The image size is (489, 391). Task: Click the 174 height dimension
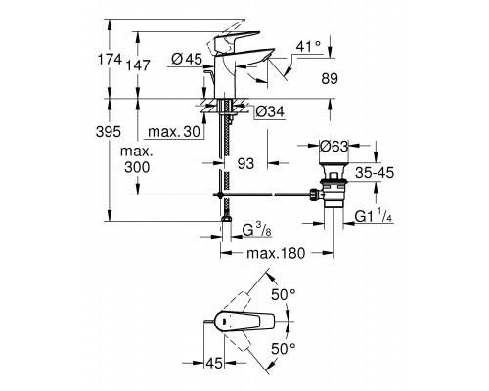pos(111,60)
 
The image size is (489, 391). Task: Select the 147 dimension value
pos(139,65)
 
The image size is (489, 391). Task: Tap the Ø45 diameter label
pos(187,60)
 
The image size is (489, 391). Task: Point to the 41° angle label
pos(308,47)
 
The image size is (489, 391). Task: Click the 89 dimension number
pos(330,79)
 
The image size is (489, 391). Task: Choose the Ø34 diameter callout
pos(270,112)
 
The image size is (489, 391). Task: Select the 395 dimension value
pos(109,132)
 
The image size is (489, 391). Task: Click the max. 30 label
pos(174,132)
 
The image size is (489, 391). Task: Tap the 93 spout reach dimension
pos(245,164)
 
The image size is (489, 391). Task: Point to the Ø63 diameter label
pos(334,147)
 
